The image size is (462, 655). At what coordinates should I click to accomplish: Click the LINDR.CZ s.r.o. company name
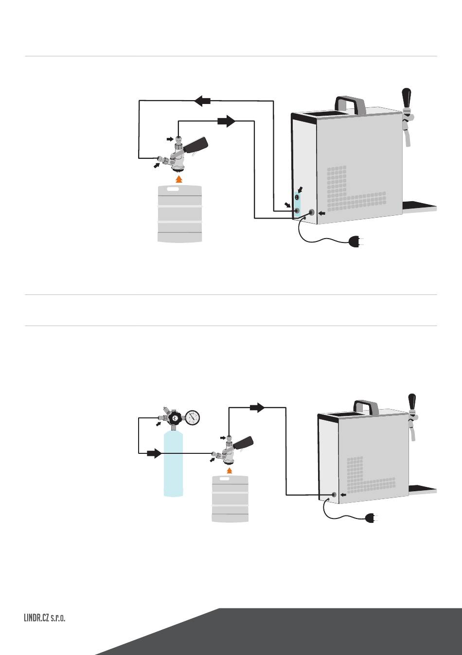[x=44, y=618]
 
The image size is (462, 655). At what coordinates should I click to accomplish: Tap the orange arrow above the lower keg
[x=230, y=470]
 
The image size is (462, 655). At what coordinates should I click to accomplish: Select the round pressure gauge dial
[x=193, y=417]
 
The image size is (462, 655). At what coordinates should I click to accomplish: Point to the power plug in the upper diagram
[x=356, y=241]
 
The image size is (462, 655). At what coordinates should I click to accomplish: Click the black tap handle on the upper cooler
[x=407, y=98]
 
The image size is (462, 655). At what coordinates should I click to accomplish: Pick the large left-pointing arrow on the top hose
[x=202, y=101]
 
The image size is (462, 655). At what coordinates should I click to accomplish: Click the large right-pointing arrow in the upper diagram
[x=227, y=121]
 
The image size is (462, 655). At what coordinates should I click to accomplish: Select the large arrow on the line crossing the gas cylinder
[x=154, y=453]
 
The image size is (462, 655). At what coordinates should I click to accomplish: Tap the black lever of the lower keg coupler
[x=243, y=443]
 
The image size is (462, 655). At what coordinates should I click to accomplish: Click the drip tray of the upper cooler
[x=420, y=206]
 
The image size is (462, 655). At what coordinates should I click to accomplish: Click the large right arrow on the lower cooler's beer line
[x=257, y=407]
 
